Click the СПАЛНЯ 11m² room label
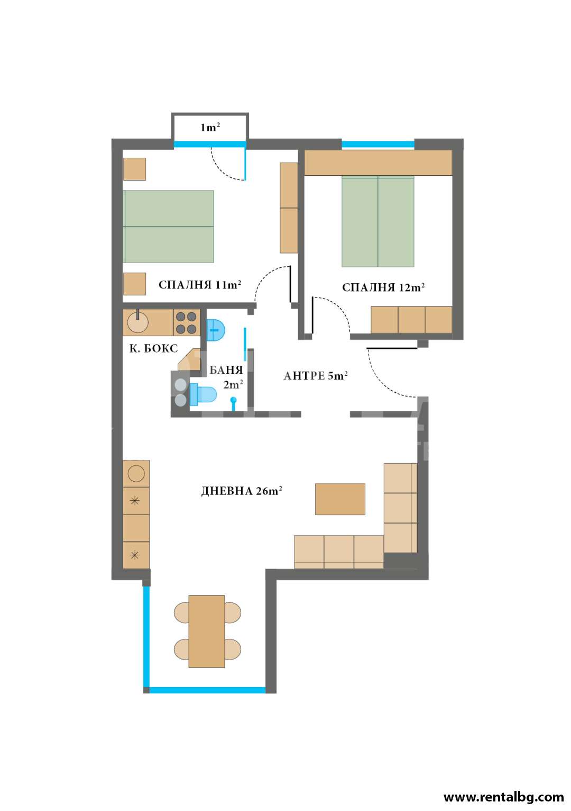point(200,285)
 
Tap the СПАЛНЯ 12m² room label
point(383,287)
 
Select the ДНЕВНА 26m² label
point(242,491)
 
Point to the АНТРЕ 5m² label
point(315,376)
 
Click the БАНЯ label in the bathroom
point(226,370)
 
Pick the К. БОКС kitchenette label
point(154,348)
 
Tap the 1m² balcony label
point(210,127)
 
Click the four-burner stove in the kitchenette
point(186,322)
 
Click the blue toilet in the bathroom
point(203,394)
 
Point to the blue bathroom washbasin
point(216,330)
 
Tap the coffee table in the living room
point(340,499)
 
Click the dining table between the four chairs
point(207,631)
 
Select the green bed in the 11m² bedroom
point(168,226)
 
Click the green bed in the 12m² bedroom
point(378,222)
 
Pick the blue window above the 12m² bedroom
point(378,144)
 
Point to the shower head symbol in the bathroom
point(234,403)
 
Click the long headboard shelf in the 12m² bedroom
point(378,163)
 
